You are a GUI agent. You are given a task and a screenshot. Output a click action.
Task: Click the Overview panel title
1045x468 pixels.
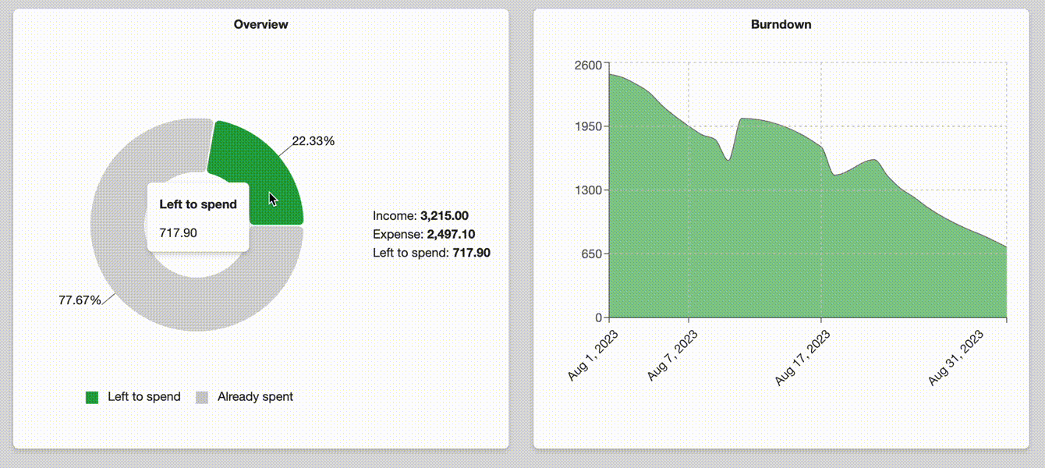260,24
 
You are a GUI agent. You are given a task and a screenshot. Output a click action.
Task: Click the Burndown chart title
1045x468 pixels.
781,24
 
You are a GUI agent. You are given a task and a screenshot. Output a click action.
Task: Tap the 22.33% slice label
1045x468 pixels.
313,141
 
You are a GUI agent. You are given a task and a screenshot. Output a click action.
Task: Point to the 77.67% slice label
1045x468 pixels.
80,300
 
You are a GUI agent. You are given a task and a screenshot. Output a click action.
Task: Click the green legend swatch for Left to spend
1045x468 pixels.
92,397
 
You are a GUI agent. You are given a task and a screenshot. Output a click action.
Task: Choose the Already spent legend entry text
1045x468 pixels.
255,396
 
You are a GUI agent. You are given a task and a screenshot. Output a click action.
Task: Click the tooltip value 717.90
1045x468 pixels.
177,232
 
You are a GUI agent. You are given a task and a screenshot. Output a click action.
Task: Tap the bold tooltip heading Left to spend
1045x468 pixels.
197,204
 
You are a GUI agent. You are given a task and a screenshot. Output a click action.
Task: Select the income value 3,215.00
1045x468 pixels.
444,215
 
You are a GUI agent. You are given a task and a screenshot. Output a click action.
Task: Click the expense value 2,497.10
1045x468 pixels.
451,234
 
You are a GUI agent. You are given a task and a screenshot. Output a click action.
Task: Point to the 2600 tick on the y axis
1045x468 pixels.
587,65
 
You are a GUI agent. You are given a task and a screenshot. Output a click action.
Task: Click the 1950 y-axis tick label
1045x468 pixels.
587,126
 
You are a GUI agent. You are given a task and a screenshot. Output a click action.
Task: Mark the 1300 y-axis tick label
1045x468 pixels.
587,190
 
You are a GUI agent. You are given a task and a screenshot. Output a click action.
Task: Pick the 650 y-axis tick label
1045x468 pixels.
590,253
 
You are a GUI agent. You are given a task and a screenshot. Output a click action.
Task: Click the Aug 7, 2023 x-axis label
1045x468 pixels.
673,356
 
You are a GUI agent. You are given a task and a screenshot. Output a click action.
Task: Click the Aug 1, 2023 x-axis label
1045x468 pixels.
593,356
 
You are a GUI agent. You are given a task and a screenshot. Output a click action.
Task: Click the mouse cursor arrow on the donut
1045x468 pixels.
273,199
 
